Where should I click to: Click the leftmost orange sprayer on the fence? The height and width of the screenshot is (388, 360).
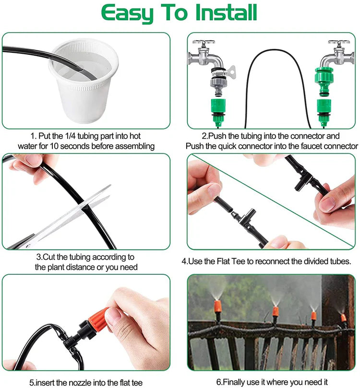click(217, 307)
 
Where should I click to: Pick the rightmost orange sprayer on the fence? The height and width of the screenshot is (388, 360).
click(343, 317)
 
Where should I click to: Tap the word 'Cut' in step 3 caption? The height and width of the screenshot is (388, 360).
click(49, 257)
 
